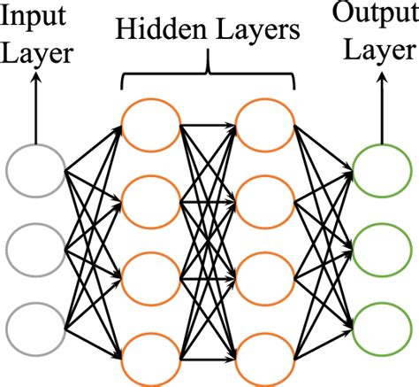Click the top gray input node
pos(35,170)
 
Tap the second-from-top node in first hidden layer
pos(149,203)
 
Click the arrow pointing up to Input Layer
pos(35,111)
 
